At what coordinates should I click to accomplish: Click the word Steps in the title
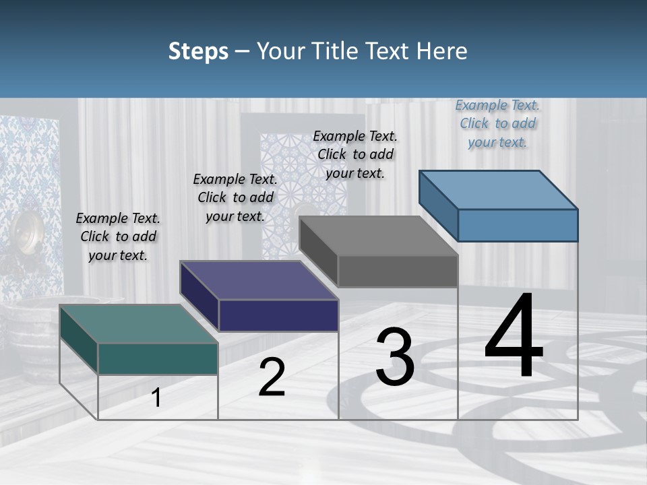coord(198,51)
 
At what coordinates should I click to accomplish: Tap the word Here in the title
coord(441,51)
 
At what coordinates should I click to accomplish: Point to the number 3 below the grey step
coord(395,357)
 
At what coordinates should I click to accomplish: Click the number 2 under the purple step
coord(272,377)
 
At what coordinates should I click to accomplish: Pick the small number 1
coord(156,398)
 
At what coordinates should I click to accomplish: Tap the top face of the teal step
coord(138,324)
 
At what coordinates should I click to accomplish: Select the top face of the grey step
coord(378,236)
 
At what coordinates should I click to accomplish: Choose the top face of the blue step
coord(498,190)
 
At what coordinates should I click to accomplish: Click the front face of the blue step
coord(518,225)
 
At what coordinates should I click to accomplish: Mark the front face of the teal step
coord(158,358)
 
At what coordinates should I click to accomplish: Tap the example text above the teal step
coord(118,236)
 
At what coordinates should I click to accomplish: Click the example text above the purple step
coord(235,197)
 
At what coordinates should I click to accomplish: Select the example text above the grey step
coord(355,154)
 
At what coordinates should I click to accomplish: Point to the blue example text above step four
coord(497,123)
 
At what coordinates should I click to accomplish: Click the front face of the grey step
coord(398,271)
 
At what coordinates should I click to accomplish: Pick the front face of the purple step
coord(278,315)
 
